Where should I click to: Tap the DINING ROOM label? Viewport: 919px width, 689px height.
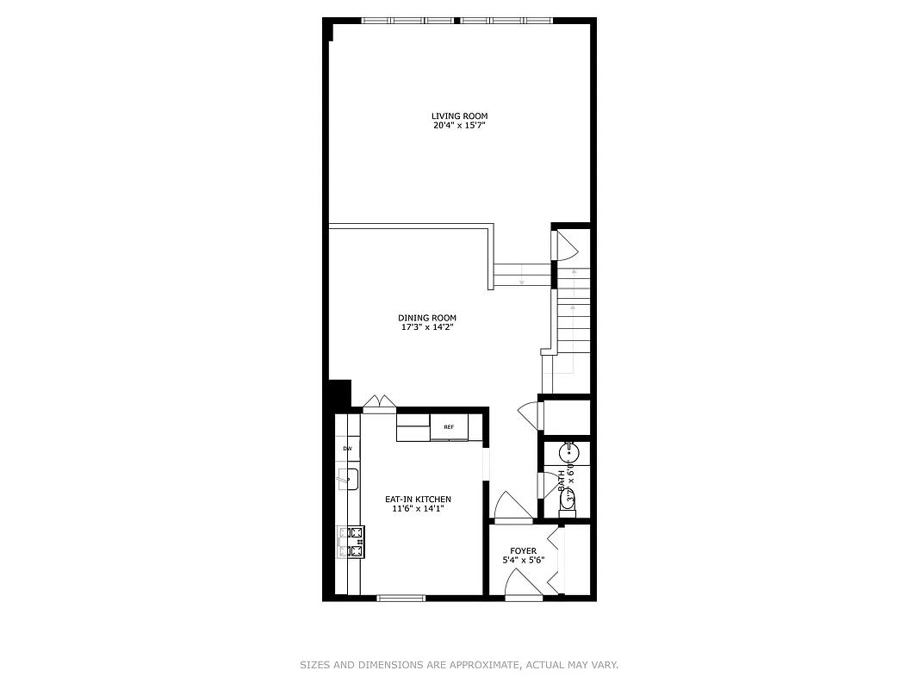pyautogui.click(x=427, y=318)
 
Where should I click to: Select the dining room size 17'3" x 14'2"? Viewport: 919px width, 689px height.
pyautogui.click(x=427, y=327)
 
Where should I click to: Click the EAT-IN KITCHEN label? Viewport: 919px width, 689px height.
pyautogui.click(x=418, y=500)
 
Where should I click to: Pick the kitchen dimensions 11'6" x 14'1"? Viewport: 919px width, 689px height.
pyautogui.click(x=418, y=509)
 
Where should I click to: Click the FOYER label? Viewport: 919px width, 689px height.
pyautogui.click(x=523, y=551)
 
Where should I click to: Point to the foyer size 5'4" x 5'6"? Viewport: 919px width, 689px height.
pyautogui.click(x=523, y=561)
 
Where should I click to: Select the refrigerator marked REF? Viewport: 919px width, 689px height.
pyautogui.click(x=449, y=427)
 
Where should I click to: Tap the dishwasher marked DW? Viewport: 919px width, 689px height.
pyautogui.click(x=347, y=449)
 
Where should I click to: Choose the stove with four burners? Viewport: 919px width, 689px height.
pyautogui.click(x=354, y=542)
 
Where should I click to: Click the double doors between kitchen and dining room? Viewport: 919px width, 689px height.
pyautogui.click(x=379, y=403)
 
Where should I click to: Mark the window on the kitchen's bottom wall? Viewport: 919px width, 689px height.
pyautogui.click(x=401, y=597)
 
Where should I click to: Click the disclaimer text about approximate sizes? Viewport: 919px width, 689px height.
pyautogui.click(x=459, y=665)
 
